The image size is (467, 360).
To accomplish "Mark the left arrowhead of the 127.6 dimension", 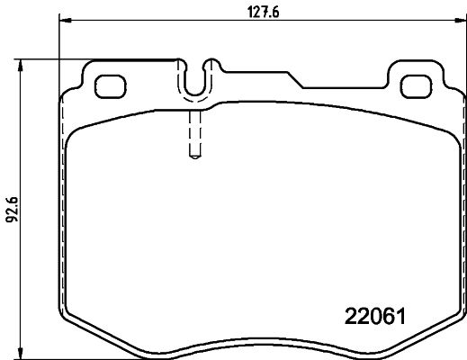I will pos(63,23).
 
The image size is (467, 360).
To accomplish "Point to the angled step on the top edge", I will pos(301,82).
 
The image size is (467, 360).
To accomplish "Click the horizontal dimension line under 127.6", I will pos(162,23).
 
